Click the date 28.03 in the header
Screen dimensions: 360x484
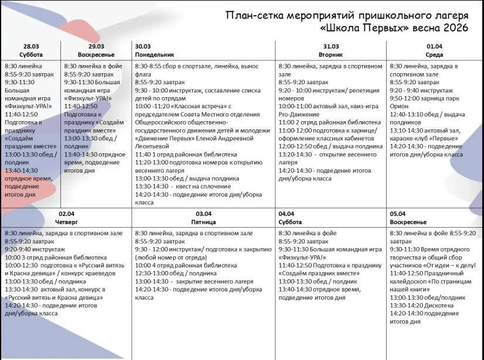[31, 46]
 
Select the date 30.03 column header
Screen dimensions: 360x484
[142, 46]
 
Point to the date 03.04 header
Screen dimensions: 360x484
[204, 214]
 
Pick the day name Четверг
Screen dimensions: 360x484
[66, 222]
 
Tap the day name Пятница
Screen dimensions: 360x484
[204, 222]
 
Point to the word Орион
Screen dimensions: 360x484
[400, 107]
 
